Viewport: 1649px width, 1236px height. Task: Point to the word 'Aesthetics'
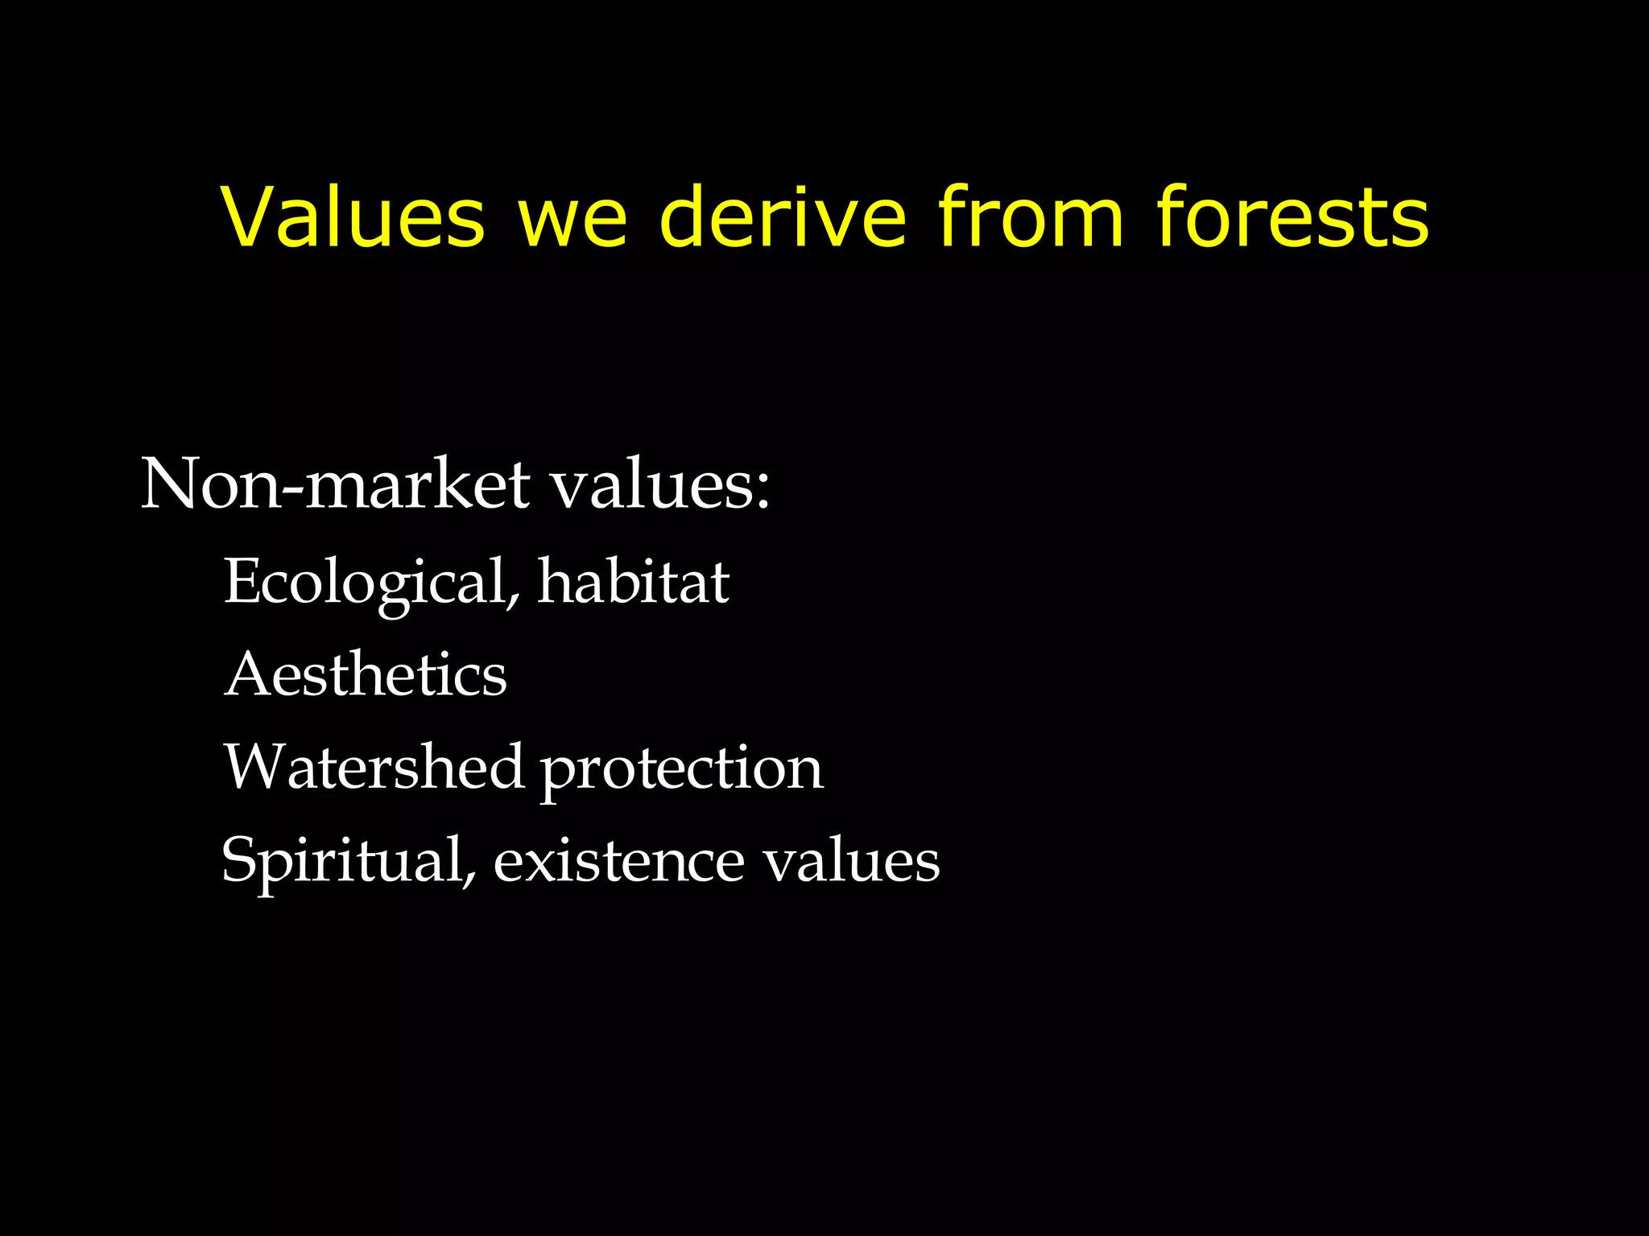pyautogui.click(x=366, y=674)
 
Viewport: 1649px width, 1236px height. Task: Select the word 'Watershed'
pyautogui.click(x=374, y=766)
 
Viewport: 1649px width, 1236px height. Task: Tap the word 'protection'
pyautogui.click(x=681, y=770)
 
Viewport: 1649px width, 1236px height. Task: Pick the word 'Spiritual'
pyautogui.click(x=343, y=859)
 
